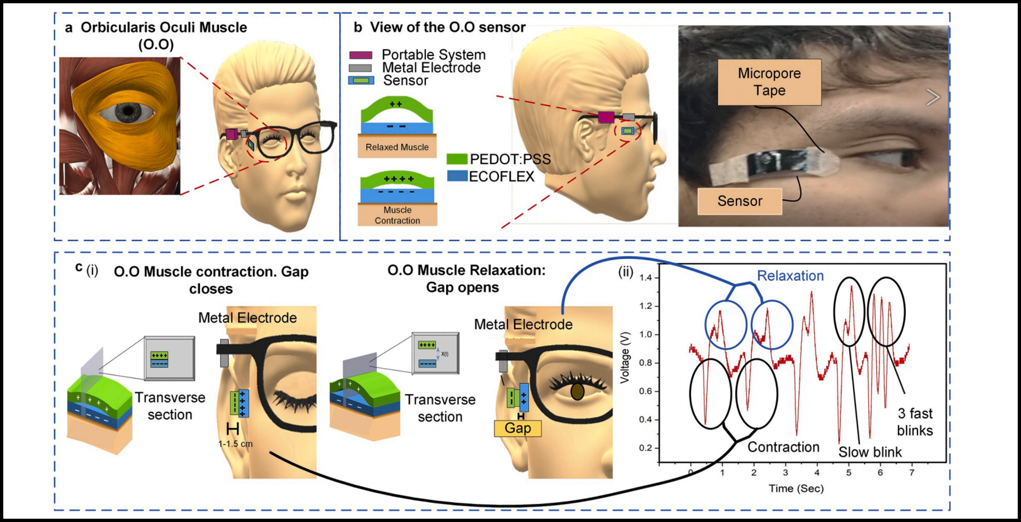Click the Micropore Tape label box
[769, 82]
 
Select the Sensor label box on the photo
[740, 201]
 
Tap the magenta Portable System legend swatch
[361, 55]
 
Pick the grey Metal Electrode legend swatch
[360, 68]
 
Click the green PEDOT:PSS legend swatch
[457, 159]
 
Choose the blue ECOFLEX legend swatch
[457, 176]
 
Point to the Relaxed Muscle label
[397, 147]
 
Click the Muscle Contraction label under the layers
[397, 215]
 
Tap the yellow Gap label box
[518, 428]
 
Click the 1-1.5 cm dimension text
[235, 443]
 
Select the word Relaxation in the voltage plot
[790, 276]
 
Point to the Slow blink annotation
[870, 452]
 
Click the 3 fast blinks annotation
[915, 422]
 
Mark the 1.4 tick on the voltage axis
[645, 278]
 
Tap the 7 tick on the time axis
[912, 473]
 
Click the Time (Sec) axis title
[796, 488]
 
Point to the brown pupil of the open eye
[577, 392]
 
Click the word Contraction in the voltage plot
[783, 447]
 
